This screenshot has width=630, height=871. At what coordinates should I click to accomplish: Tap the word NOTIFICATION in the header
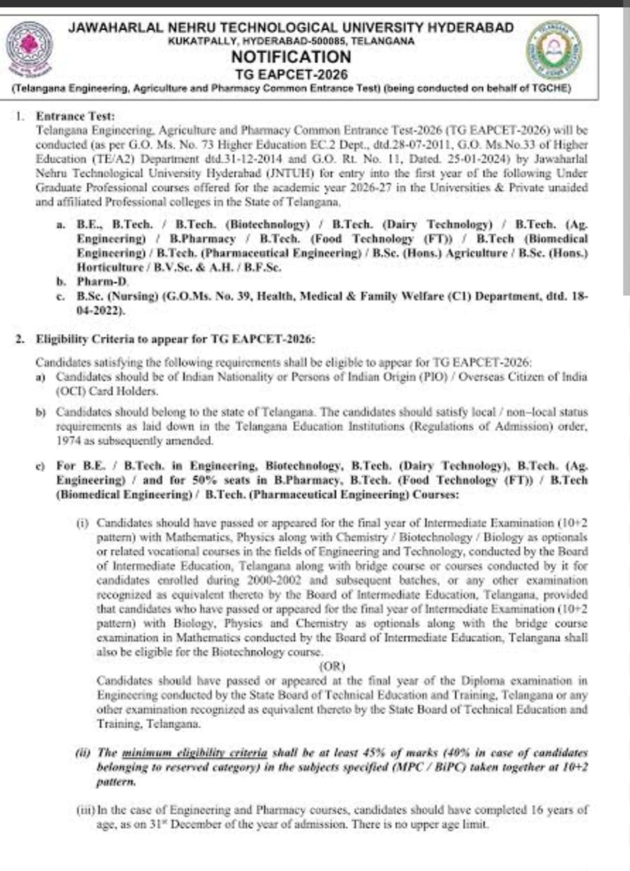[x=291, y=57]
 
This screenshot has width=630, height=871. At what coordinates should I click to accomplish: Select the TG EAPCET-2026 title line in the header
[x=291, y=74]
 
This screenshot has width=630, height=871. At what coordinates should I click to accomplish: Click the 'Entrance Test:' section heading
[x=75, y=116]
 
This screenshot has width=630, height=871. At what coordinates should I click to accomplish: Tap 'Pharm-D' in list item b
[x=102, y=281]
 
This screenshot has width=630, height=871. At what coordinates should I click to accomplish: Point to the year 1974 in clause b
[x=68, y=440]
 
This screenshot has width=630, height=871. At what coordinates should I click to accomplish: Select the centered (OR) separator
[x=332, y=666]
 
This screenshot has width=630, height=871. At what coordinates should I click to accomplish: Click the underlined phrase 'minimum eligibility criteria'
[x=194, y=753]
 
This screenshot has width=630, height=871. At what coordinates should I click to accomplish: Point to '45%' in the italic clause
[x=374, y=753]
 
